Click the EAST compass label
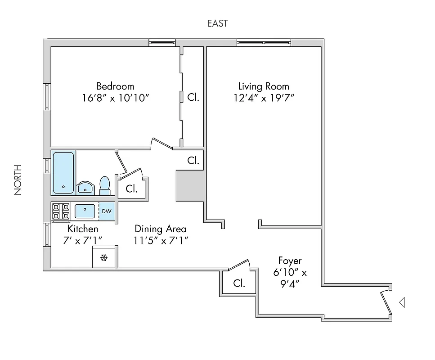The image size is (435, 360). click(x=217, y=23)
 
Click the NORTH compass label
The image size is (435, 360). click(x=18, y=180)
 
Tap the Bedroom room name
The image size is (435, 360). click(x=115, y=86)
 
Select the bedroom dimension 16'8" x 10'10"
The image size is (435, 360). click(x=115, y=98)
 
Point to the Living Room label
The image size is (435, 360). click(x=264, y=86)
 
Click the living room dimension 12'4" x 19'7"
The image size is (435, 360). click(x=264, y=98)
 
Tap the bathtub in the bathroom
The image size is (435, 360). click(x=63, y=172)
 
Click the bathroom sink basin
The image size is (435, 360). click(x=85, y=188)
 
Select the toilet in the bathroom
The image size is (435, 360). click(x=104, y=185)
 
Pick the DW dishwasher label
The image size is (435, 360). click(x=107, y=211)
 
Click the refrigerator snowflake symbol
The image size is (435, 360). click(x=104, y=258)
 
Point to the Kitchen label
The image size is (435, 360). click(x=83, y=229)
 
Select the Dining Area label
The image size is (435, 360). click(x=161, y=229)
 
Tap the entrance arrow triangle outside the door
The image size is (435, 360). click(x=402, y=303)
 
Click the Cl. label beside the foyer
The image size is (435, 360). click(x=239, y=283)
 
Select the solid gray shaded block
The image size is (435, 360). click(x=189, y=186)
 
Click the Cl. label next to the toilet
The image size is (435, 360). click(x=131, y=189)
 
